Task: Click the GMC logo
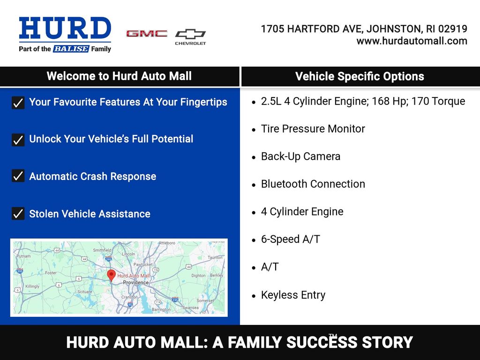point(147,33)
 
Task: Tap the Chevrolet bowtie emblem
point(190,34)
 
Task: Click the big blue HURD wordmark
point(65,28)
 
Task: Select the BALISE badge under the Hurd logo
point(71,49)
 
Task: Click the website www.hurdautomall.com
point(412,41)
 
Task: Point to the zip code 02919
point(453,29)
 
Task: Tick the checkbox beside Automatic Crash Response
point(18,176)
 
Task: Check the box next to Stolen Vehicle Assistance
point(18,213)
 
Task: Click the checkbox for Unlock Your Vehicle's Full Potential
point(18,140)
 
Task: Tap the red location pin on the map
point(111,275)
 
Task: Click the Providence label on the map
point(135,283)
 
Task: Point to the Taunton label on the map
point(215,257)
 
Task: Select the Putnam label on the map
point(23,256)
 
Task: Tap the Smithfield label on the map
point(102,250)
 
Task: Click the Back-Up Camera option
point(300,157)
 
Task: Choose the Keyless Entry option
point(293,295)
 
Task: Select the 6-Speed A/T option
point(291,239)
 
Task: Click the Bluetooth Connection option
point(313,184)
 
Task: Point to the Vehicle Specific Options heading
point(360,76)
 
